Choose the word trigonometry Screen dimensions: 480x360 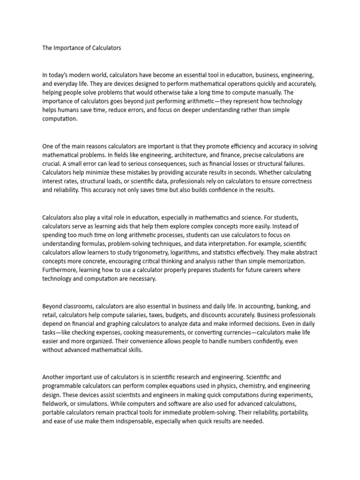162,253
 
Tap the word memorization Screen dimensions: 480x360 284,261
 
